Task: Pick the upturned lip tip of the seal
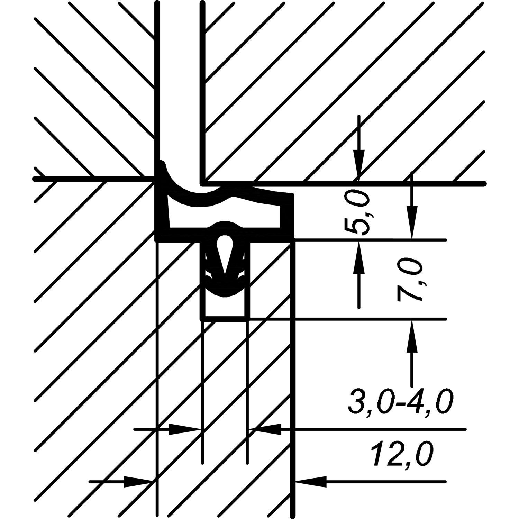pos(162,163)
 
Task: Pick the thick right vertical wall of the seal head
pos(286,216)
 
